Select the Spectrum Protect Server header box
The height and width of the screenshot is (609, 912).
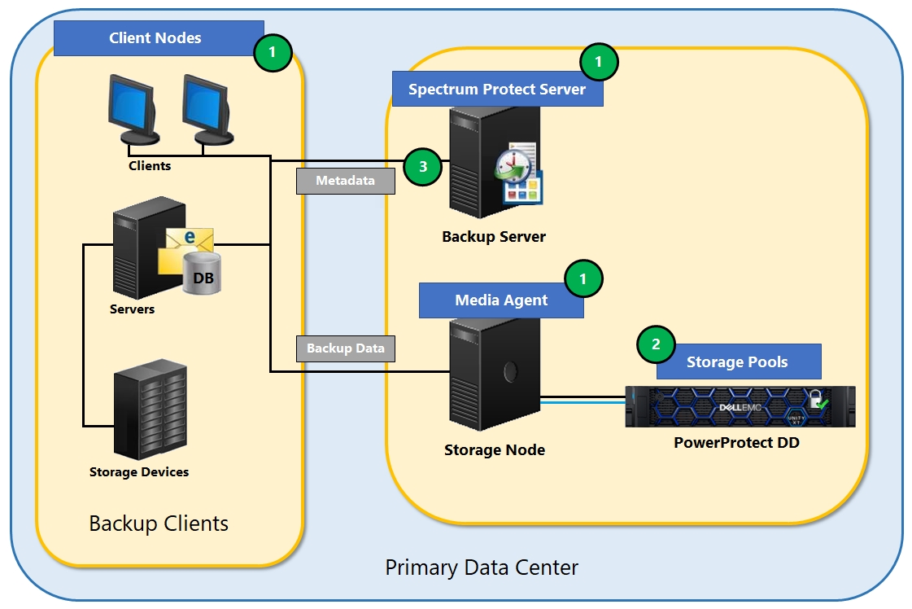497,89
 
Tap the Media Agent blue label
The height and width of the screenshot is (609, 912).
501,300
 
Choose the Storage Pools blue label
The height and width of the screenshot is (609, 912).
738,362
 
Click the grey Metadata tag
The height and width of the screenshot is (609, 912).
346,181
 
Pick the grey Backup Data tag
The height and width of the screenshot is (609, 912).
346,348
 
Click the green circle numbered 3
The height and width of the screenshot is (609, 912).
422,168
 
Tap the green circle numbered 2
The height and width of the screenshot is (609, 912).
656,344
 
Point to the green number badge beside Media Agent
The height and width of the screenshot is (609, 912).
583,280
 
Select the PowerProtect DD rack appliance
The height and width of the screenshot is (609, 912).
740,406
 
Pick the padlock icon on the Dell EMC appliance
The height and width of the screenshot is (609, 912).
815,399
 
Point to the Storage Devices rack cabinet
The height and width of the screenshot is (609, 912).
150,411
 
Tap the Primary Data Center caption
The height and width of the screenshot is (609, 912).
482,567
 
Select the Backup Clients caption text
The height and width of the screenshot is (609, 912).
159,524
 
